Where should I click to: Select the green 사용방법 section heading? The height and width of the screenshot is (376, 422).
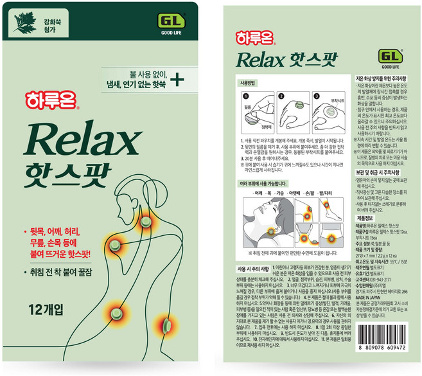247,83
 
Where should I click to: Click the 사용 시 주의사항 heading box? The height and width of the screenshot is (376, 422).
252,267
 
